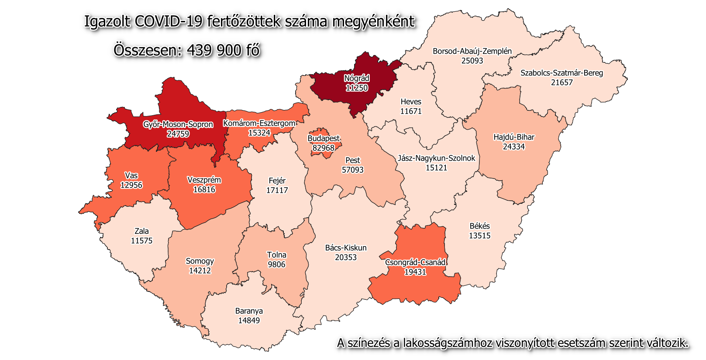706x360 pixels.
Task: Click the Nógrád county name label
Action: tap(357, 79)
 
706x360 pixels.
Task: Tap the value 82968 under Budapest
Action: tap(324, 148)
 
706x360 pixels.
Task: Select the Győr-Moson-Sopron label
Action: tap(178, 124)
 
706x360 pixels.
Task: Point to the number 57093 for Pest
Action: tap(352, 170)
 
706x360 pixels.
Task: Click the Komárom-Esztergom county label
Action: tap(259, 123)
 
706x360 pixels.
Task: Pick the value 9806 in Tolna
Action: tap(276, 264)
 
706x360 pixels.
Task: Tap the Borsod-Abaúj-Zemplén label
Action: tap(472, 51)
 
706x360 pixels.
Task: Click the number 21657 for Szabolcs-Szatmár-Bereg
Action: tap(561, 82)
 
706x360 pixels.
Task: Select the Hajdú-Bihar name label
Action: tap(513, 137)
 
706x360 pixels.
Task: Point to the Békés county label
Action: tap(479, 226)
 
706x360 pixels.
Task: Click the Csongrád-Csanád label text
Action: tap(415, 262)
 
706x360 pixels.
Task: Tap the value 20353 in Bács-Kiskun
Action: tap(346, 257)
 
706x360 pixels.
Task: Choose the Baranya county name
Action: tap(249, 311)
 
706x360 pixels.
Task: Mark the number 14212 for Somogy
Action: tap(200, 271)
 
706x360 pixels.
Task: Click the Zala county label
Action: tap(141, 231)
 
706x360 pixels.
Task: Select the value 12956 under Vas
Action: tap(131, 185)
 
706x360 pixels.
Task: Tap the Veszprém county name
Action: tap(204, 180)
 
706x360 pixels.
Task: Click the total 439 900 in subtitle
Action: tap(214, 50)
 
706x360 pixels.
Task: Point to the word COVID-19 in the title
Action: tap(169, 21)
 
